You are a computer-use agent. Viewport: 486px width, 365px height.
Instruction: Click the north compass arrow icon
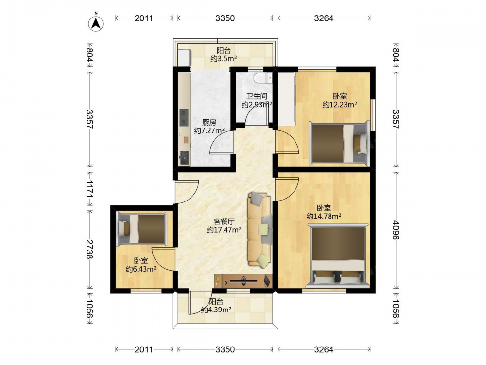96,23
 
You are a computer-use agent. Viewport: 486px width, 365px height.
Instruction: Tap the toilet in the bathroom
262,78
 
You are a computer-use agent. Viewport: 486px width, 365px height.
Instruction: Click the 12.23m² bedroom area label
340,105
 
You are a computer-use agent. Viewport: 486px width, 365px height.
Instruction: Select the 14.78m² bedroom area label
324,216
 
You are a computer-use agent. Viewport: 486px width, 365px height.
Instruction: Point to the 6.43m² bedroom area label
141,269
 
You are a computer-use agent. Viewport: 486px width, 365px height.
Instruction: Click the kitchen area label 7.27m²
209,130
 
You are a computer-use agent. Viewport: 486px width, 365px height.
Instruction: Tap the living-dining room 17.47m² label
224,230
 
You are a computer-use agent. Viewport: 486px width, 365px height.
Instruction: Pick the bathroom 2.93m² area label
257,104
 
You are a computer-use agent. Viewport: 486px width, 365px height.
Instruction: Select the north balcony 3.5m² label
224,58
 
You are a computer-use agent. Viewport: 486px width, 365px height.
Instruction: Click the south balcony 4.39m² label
216,310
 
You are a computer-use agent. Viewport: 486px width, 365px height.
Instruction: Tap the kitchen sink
184,158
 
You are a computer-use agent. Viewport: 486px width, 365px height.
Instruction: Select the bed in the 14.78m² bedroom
338,256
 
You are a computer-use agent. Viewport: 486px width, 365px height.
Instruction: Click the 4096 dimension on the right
396,230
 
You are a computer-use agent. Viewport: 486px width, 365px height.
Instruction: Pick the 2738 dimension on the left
89,249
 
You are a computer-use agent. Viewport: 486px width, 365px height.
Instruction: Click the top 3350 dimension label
226,18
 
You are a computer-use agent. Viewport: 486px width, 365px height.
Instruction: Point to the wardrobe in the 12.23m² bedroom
286,99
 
